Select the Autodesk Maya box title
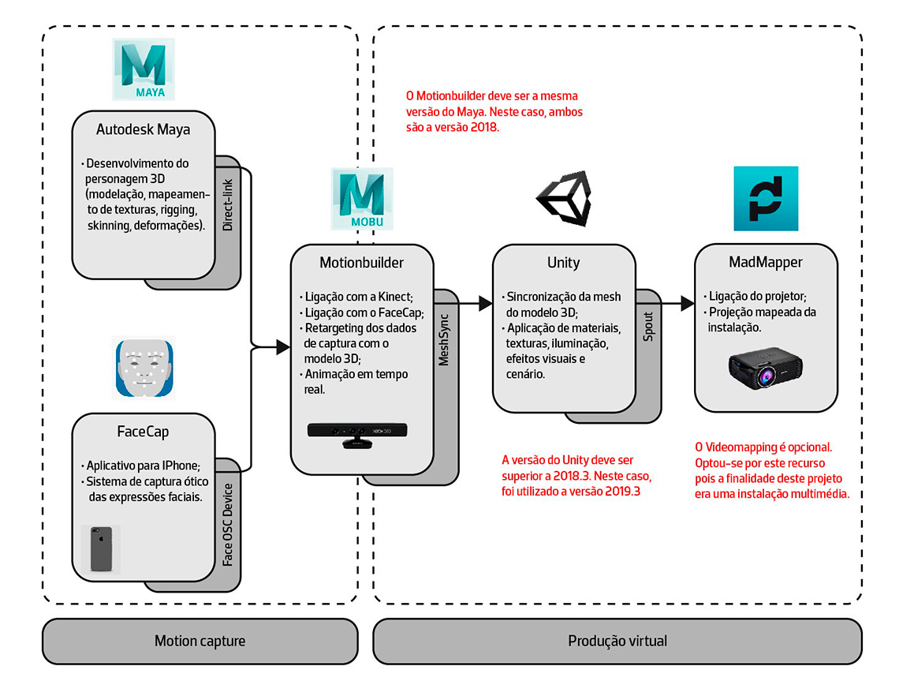144,129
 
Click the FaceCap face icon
143,368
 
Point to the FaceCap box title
143,432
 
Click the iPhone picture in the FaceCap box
101,548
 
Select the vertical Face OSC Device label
227,525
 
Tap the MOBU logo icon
362,200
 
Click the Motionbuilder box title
362,262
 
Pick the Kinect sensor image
360,434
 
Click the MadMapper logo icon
766,198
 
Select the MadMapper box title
766,261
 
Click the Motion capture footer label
200,641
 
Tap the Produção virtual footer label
617,641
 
